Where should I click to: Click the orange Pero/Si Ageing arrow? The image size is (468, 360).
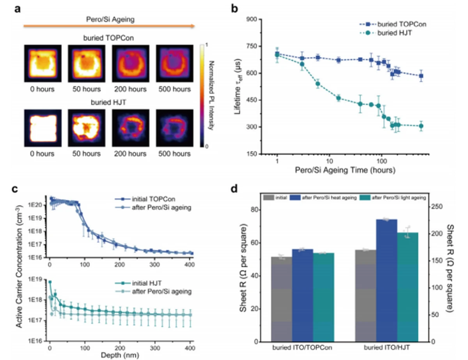tap(109, 26)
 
